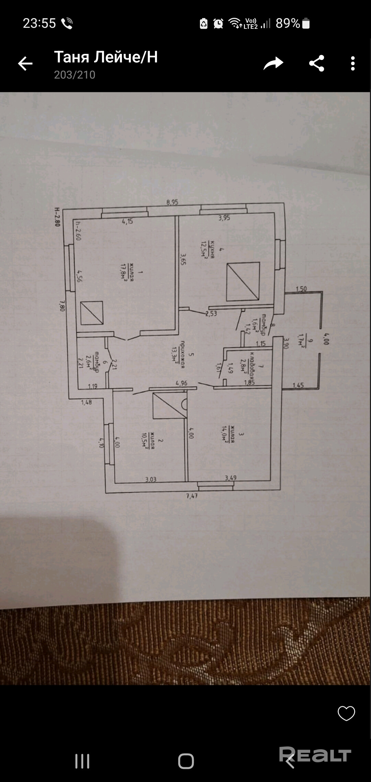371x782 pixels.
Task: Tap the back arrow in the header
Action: pyautogui.click(x=25, y=64)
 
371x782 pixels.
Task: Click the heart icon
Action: pyautogui.click(x=346, y=713)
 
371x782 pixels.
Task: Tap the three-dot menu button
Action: pyautogui.click(x=352, y=64)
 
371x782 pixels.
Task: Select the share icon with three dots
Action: pyautogui.click(x=316, y=63)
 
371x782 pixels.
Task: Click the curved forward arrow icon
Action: pyautogui.click(x=273, y=63)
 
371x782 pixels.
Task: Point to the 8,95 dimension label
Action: pyautogui.click(x=172, y=202)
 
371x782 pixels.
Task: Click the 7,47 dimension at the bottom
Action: pyautogui.click(x=192, y=496)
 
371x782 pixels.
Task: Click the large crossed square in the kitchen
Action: pyautogui.click(x=243, y=281)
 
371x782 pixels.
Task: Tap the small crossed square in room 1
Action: pyautogui.click(x=92, y=313)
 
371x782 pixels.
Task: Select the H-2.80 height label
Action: pyautogui.click(x=57, y=217)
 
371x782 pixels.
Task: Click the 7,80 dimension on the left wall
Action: pyautogui.click(x=62, y=306)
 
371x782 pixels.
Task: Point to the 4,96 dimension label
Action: pyautogui.click(x=181, y=383)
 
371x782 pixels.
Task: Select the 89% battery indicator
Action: pyautogui.click(x=292, y=23)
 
